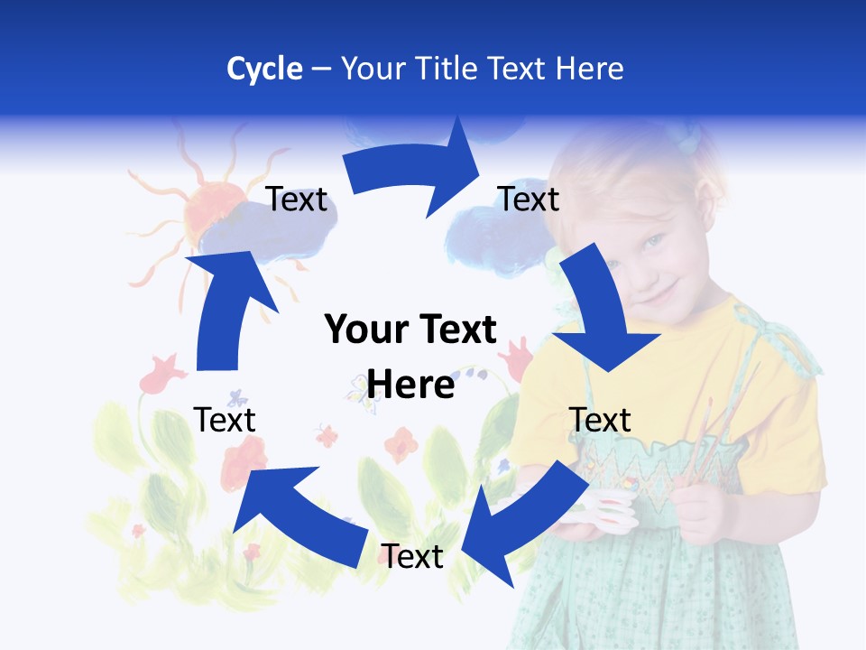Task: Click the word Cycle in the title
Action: click(264, 69)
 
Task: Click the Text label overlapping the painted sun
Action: click(297, 200)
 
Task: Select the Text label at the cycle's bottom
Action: click(412, 556)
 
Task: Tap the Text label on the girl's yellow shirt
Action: click(600, 420)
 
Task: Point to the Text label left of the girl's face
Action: click(529, 200)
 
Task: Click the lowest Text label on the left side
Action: click(225, 420)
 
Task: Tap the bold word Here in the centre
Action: click(410, 385)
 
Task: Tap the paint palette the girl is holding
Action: click(604, 506)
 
